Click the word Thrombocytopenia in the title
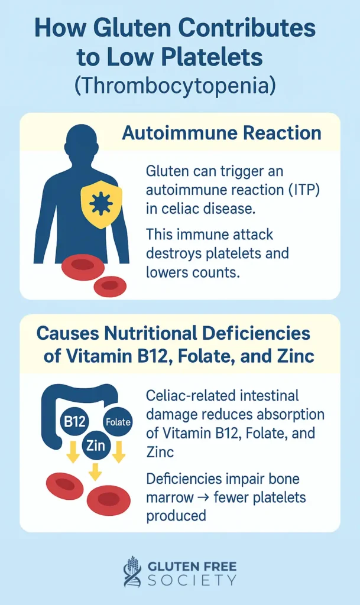click(x=175, y=85)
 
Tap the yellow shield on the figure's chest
click(x=101, y=204)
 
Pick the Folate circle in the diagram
click(x=118, y=422)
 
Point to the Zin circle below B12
click(x=96, y=445)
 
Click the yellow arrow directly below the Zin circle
click(x=95, y=471)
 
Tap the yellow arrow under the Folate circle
click(x=119, y=451)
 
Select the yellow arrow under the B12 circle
click(x=73, y=451)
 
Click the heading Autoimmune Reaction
click(x=222, y=133)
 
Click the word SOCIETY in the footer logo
click(x=192, y=581)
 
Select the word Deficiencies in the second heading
click(x=256, y=334)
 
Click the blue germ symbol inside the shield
click(x=101, y=203)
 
